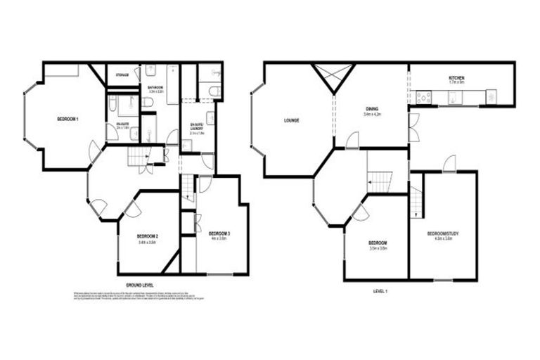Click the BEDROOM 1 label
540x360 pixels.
point(67,120)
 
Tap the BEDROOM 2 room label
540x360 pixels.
point(146,236)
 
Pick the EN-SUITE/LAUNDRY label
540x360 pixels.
point(197,127)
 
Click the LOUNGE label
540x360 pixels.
point(291,120)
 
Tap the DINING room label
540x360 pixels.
point(371,108)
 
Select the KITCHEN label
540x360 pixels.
point(457,77)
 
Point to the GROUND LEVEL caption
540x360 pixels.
point(140,285)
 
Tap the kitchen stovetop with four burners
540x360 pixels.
point(425,97)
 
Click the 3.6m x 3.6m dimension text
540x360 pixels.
point(378,249)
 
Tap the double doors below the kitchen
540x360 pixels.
point(413,127)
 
